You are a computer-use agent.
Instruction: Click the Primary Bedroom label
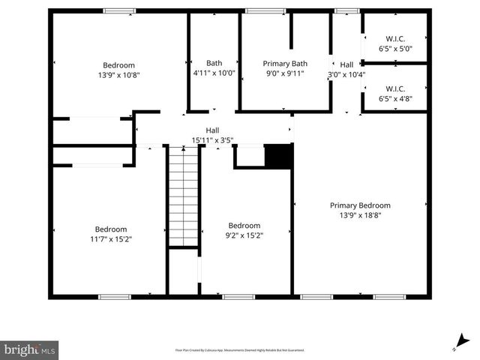click(x=360, y=205)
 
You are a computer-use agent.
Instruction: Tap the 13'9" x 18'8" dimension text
click(x=360, y=215)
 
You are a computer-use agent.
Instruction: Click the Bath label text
click(x=214, y=64)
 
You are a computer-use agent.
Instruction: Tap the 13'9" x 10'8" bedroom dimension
click(x=118, y=75)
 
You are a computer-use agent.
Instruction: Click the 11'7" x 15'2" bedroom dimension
click(x=111, y=239)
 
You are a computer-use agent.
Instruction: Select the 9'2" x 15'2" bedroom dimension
click(x=244, y=235)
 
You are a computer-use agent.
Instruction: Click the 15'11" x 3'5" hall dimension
click(x=213, y=140)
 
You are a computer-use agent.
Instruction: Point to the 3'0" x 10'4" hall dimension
click(x=346, y=74)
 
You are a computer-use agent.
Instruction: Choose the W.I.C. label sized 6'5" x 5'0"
click(x=395, y=39)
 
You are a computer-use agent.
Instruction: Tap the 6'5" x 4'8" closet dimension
click(x=395, y=97)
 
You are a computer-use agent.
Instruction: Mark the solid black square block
click(x=278, y=156)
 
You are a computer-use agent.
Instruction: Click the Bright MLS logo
click(x=30, y=349)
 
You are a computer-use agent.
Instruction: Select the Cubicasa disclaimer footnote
click(x=240, y=350)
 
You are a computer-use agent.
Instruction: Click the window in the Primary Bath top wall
click(x=260, y=10)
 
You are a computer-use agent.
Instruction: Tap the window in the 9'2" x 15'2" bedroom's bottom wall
click(x=238, y=297)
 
